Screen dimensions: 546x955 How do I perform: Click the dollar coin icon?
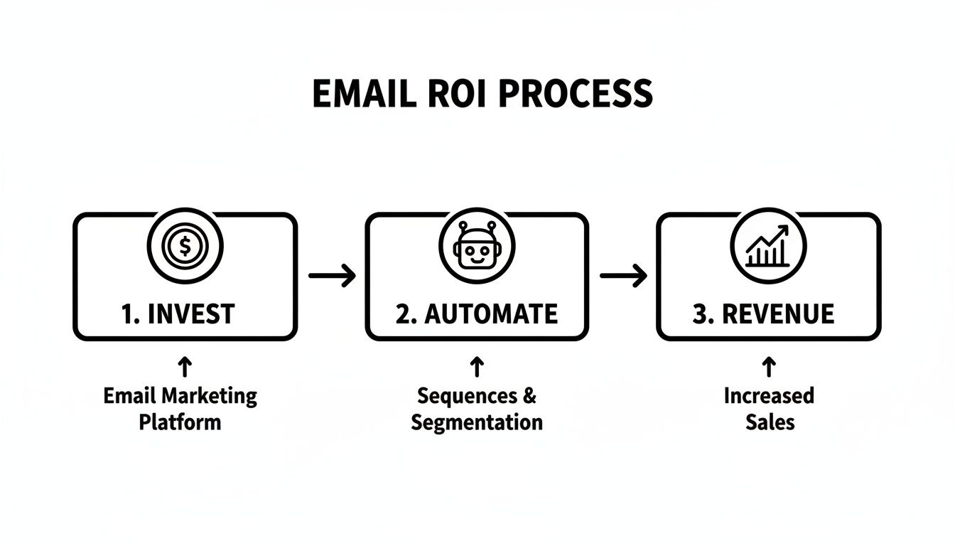point(185,247)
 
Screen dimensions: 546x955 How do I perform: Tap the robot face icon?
point(477,247)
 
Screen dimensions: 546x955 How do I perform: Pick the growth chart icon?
point(768,246)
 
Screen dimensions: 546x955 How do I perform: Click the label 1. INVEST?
point(178,314)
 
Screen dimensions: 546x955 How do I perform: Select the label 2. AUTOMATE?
point(477,314)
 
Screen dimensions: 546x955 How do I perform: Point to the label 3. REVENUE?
point(763,314)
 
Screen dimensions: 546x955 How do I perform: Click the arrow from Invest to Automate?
point(332,276)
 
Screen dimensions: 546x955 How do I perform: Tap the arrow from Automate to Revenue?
point(623,276)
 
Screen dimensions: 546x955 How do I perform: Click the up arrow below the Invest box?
point(185,367)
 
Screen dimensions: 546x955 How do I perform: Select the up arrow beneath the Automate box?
point(477,367)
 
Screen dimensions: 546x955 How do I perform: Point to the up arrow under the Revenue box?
point(768,367)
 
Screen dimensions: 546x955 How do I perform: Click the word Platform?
point(180,422)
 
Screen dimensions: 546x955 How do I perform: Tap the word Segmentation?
point(477,422)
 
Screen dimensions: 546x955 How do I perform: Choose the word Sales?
point(770,422)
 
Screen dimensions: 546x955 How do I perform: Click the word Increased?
point(769,395)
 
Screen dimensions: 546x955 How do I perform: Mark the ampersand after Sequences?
point(529,395)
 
